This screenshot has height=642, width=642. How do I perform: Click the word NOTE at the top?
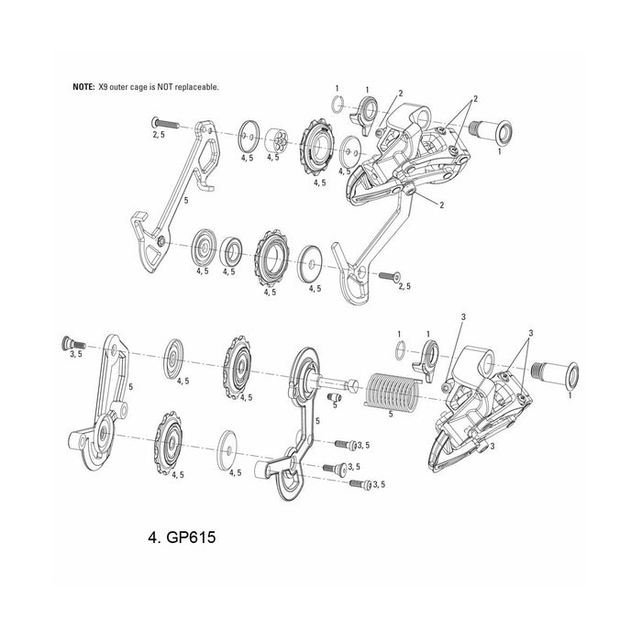pos(83,85)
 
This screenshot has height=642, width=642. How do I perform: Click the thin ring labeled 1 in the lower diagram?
pos(400,349)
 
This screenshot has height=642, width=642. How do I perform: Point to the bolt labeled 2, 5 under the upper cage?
pos(390,274)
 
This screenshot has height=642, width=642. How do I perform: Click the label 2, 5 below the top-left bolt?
pos(158,134)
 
